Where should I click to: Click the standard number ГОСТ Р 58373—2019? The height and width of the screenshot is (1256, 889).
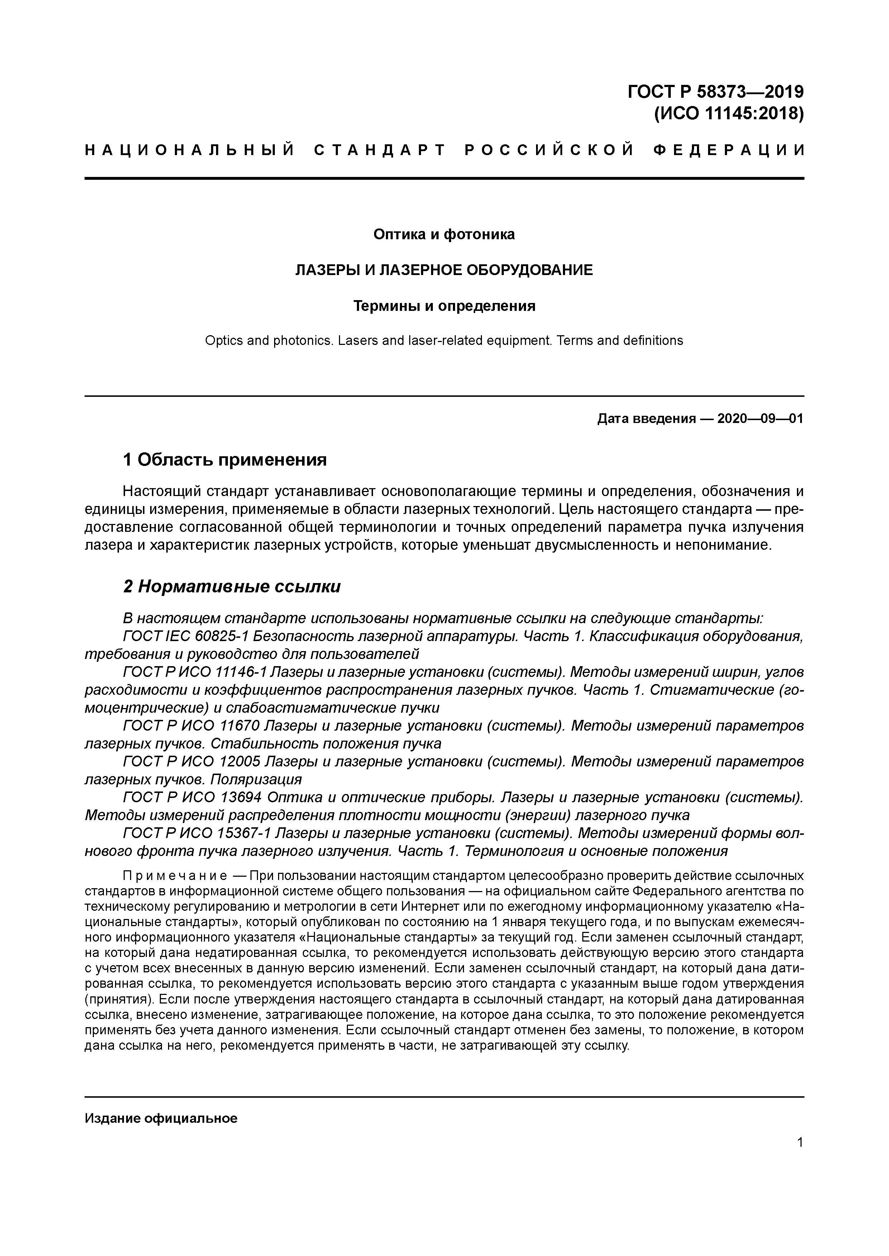pyautogui.click(x=716, y=91)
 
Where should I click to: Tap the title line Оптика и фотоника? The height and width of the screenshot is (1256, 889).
pyautogui.click(x=444, y=234)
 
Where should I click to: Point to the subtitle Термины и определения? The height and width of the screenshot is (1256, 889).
pyautogui.click(x=444, y=306)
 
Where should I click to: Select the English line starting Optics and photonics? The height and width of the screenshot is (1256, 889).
pyautogui.click(x=444, y=341)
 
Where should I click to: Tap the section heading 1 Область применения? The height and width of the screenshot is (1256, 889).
pyautogui.click(x=225, y=459)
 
